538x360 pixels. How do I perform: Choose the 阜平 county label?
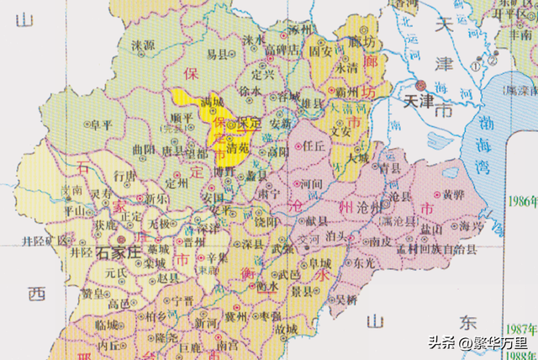102,124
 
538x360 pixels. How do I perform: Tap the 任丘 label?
313,144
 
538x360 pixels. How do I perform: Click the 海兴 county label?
469,226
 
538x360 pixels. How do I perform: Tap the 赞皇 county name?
92,292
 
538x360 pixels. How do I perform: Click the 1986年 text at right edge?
521,201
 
